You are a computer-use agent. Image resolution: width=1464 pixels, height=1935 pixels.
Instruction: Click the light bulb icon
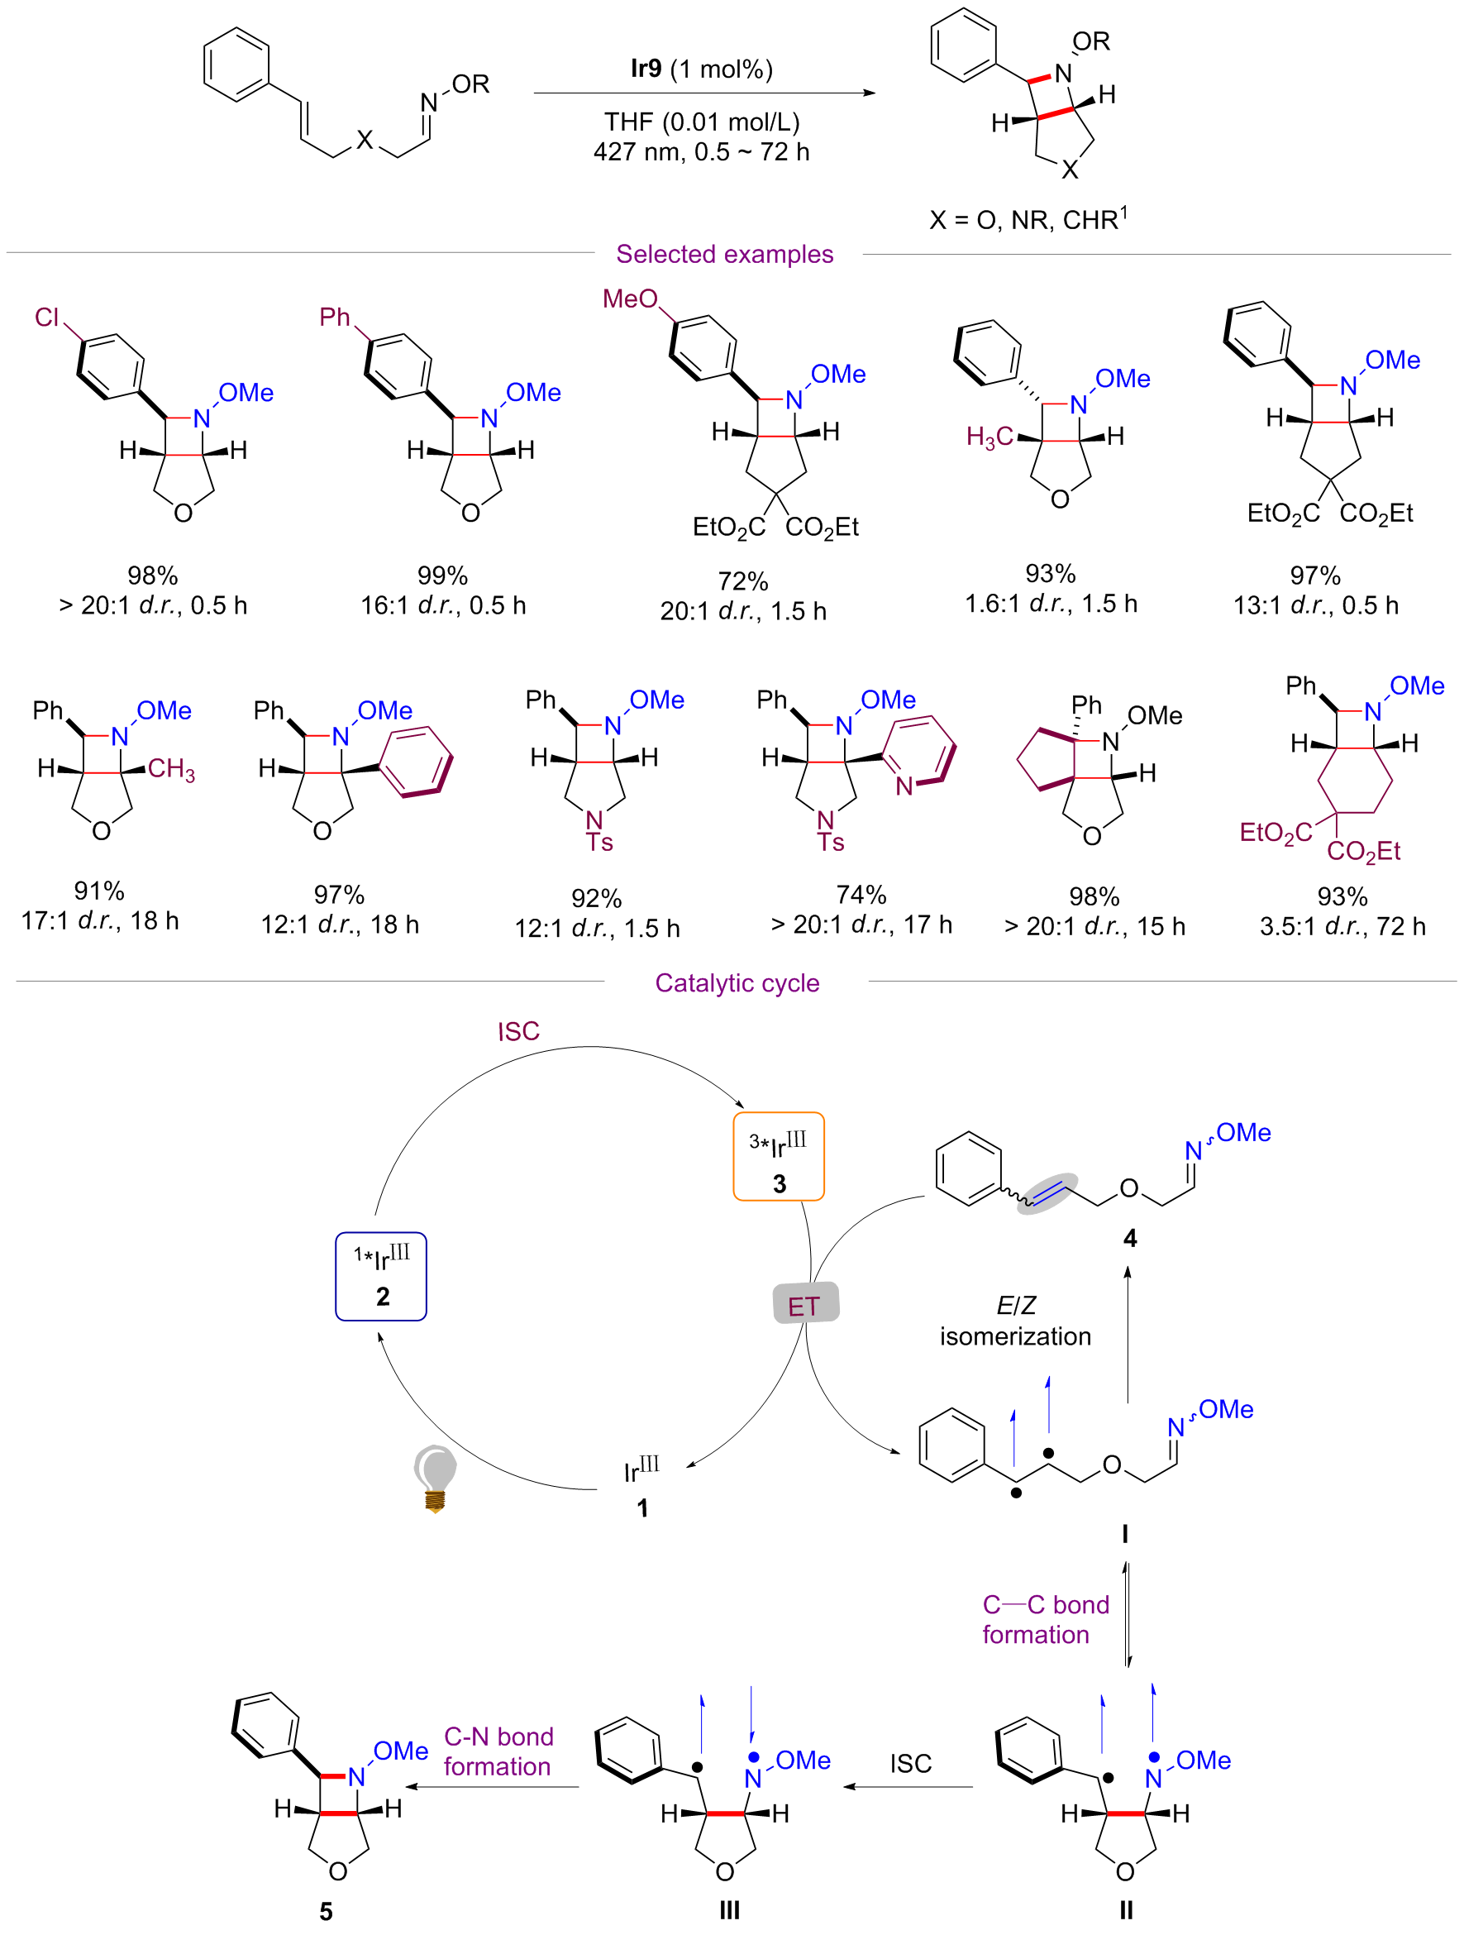[435, 1479]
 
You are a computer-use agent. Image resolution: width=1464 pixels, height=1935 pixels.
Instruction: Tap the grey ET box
[805, 1304]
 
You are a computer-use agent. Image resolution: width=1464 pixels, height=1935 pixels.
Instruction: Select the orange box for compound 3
[779, 1156]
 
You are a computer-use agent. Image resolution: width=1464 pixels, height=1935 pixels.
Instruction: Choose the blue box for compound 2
[381, 1276]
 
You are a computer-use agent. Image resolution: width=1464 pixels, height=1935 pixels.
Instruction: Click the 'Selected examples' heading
[724, 255]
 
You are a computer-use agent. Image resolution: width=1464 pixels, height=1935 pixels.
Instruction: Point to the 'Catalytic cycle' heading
[737, 983]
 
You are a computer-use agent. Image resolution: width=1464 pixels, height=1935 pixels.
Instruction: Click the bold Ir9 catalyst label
[646, 69]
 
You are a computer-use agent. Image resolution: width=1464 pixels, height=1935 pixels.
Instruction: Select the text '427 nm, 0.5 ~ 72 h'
[701, 152]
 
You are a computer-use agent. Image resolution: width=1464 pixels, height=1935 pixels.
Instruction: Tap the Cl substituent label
[47, 317]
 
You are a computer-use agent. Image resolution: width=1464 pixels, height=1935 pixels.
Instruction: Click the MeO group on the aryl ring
[630, 299]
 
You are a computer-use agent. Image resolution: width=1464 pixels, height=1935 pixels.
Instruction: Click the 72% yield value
[742, 580]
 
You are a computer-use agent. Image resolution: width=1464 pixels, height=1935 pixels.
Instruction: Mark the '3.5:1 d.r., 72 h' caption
[1342, 926]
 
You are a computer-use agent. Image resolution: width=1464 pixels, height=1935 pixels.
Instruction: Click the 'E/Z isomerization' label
[1015, 1321]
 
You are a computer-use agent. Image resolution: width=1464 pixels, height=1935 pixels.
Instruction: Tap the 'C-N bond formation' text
[498, 1751]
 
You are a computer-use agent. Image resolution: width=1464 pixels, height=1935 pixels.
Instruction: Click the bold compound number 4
[1130, 1238]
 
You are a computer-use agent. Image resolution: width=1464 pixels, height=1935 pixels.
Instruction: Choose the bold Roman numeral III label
[729, 1910]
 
